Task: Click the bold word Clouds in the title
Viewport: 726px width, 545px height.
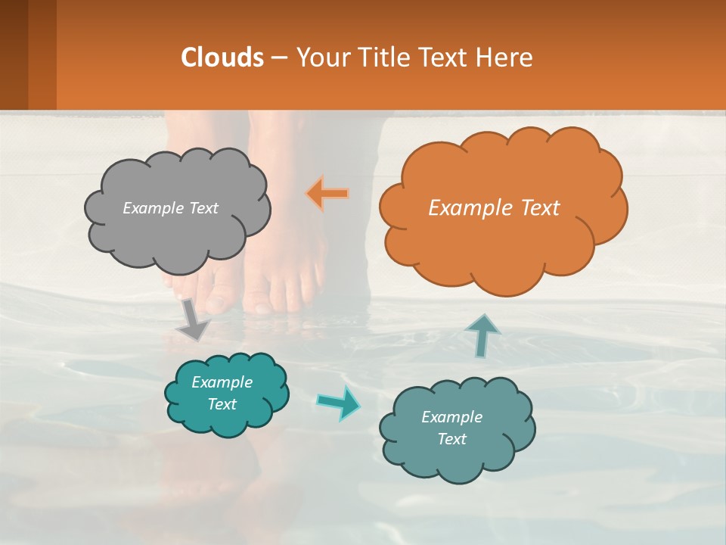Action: pos(222,58)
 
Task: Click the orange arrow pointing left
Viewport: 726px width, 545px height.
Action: pos(328,193)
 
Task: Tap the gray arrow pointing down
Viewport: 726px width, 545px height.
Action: pos(194,320)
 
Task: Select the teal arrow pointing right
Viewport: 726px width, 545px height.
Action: pos(339,402)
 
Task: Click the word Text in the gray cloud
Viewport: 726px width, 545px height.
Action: pos(203,208)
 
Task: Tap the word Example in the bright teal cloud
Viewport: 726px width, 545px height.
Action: pos(222,382)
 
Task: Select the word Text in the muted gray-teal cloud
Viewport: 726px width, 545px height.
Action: pos(451,439)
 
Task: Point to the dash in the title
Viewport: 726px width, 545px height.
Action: pos(279,58)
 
